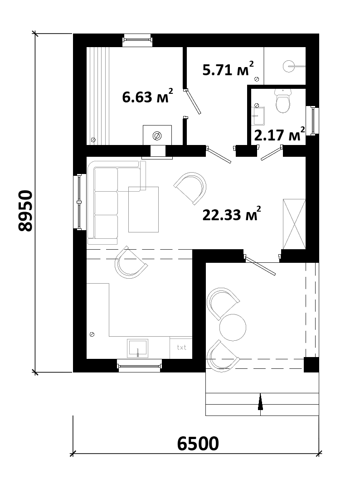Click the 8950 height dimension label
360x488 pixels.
[x=25, y=211]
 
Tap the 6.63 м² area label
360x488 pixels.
[x=148, y=96]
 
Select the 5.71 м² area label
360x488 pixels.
[x=228, y=68]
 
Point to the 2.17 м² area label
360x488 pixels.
[x=279, y=134]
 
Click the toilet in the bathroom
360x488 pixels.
[x=283, y=100]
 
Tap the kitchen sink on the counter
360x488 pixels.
[x=137, y=348]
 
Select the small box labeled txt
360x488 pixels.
[x=181, y=348]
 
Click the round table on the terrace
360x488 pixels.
[x=233, y=328]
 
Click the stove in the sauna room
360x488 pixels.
[x=157, y=135]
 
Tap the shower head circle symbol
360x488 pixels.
[x=288, y=66]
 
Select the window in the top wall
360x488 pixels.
[x=137, y=40]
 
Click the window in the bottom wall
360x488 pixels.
[x=140, y=366]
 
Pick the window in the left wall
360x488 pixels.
[x=79, y=202]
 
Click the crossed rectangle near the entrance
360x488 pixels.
[x=294, y=224]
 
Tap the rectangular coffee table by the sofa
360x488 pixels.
[x=144, y=209]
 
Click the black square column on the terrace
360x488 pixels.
[x=311, y=364]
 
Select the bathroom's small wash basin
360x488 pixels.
[x=258, y=116]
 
